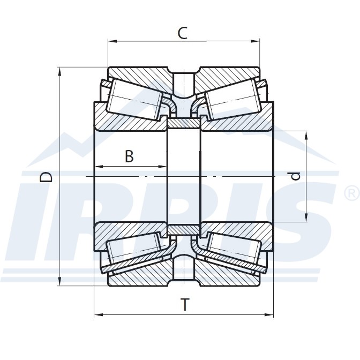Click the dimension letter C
[x=183, y=33]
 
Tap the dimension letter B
[x=129, y=157]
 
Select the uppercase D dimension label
[x=47, y=177]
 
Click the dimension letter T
[x=184, y=305]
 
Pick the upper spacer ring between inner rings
[x=184, y=124]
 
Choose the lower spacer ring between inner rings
[x=184, y=229]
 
